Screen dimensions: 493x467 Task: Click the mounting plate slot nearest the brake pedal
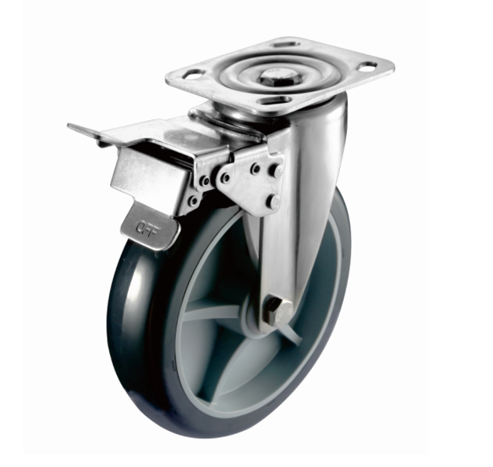[192, 75]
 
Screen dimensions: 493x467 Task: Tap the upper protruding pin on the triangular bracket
[276, 171]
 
